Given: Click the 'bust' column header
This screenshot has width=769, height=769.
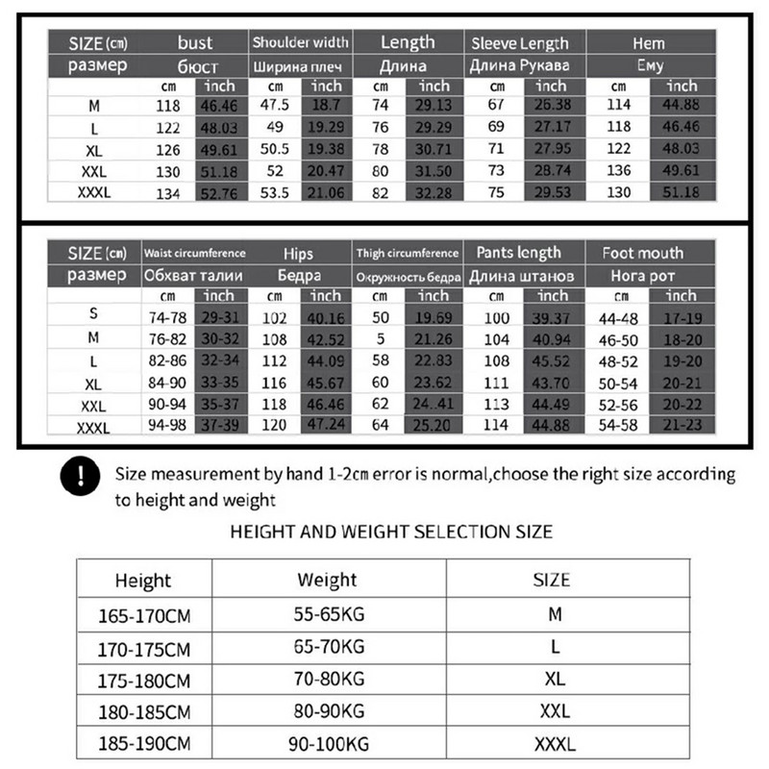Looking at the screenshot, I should (x=196, y=43).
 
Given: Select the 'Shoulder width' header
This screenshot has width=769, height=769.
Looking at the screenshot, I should (x=300, y=43).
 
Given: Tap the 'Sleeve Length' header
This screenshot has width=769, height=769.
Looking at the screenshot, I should (x=519, y=43).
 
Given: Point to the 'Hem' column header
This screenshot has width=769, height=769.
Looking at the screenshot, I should (x=649, y=43).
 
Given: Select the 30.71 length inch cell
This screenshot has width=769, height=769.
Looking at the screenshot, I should (x=434, y=150).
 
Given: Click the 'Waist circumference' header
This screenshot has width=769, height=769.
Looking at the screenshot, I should (x=194, y=254).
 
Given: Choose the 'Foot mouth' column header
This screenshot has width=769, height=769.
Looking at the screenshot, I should (x=642, y=254).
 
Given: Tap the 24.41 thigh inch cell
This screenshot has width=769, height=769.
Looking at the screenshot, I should (x=434, y=403).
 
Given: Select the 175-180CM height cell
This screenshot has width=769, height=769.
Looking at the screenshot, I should (x=144, y=680).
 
